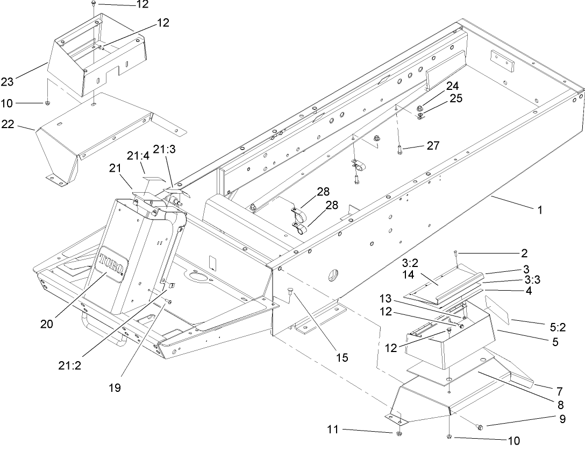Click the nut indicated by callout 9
(480, 427)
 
